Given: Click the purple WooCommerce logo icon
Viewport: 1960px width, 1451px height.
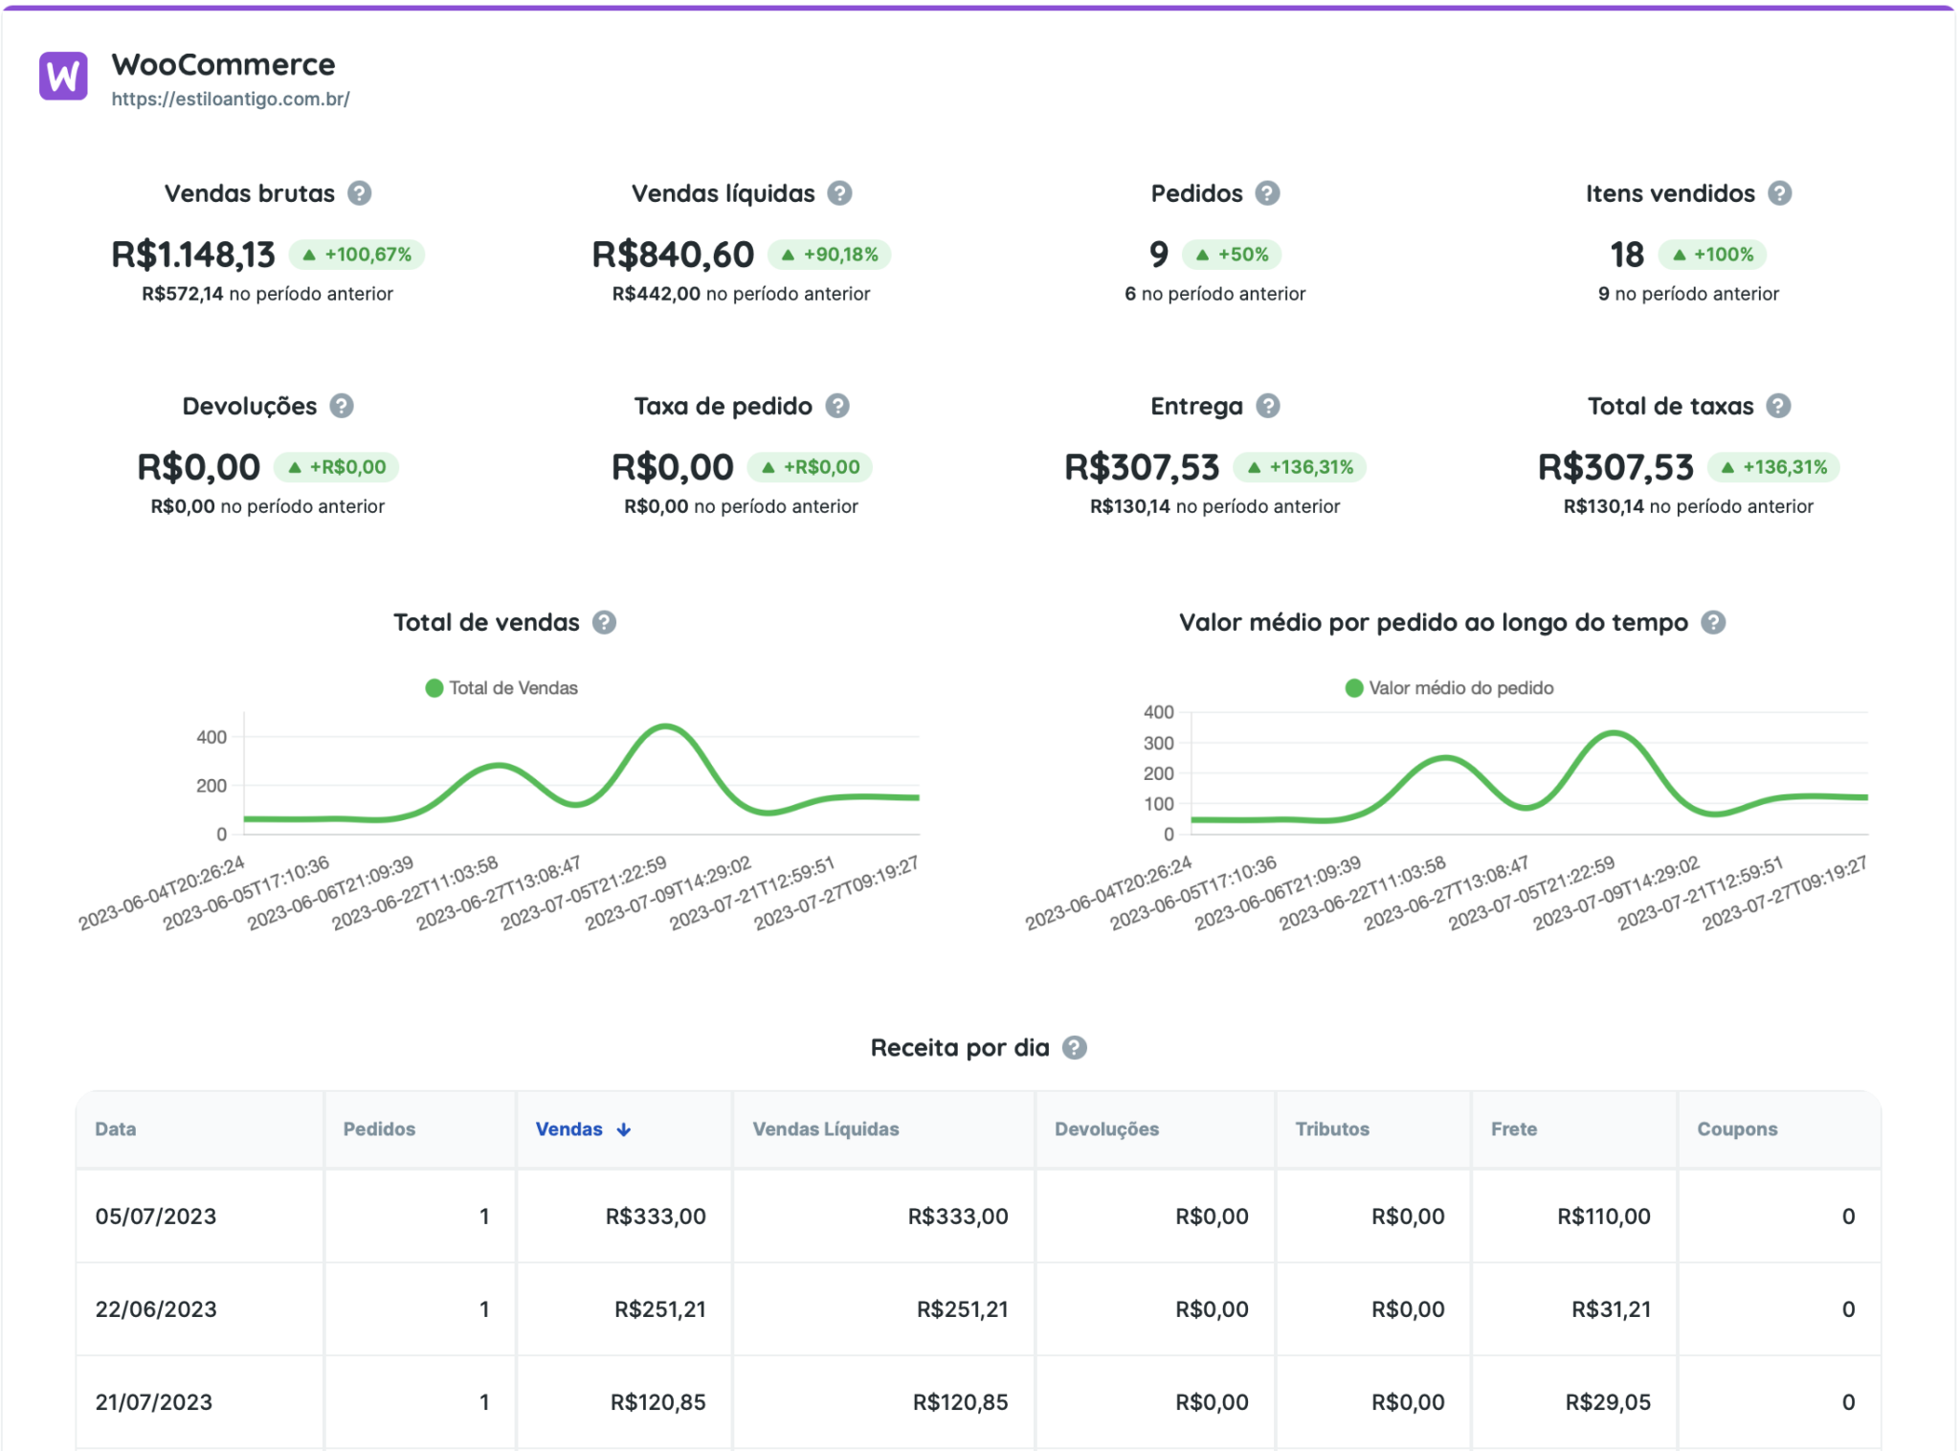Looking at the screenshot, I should pos(63,76).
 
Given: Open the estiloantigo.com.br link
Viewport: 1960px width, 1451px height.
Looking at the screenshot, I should pos(230,99).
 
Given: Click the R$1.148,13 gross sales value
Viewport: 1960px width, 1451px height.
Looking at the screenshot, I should pos(193,255).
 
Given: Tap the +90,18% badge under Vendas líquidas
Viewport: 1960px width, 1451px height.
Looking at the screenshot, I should pos(830,255).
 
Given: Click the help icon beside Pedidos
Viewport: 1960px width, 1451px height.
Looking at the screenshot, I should pos(1267,193).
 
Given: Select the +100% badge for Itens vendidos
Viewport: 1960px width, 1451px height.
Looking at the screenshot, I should pos(1712,255).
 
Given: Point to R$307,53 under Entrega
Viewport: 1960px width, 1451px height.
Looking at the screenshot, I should pos(1142,467).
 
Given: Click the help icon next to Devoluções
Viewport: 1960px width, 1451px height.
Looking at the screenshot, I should pos(342,406).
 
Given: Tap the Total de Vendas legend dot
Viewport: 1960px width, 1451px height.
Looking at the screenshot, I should pos(434,688).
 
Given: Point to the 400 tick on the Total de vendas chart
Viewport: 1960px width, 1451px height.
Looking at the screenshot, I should pos(212,737).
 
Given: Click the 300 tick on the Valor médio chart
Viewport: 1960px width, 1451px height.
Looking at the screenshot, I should pos(1158,743).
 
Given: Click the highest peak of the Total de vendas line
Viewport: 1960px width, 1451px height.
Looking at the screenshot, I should pos(664,726).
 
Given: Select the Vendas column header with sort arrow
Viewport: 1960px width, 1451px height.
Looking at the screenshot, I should pos(583,1129).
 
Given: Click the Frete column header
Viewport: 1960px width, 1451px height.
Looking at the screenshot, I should pos(1513,1129).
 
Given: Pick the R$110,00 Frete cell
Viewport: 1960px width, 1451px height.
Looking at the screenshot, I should pos(1603,1217).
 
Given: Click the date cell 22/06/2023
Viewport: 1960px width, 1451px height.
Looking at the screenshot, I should pos(156,1309).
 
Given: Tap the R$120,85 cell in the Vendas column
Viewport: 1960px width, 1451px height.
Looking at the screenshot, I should pos(657,1402).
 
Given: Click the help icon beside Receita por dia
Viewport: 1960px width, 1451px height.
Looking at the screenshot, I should pos(1075,1048).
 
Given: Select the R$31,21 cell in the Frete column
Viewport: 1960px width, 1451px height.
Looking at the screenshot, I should pos(1611,1309).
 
